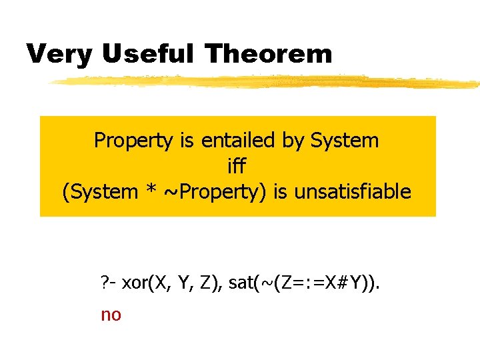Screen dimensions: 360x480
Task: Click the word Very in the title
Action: pyautogui.click(x=59, y=53)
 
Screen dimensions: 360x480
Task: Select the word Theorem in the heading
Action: pyautogui.click(x=268, y=53)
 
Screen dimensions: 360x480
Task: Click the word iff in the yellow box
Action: pyautogui.click(x=237, y=166)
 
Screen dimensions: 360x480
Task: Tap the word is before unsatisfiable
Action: pyautogui.click(x=282, y=192)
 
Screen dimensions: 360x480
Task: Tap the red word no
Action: pyautogui.click(x=111, y=315)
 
